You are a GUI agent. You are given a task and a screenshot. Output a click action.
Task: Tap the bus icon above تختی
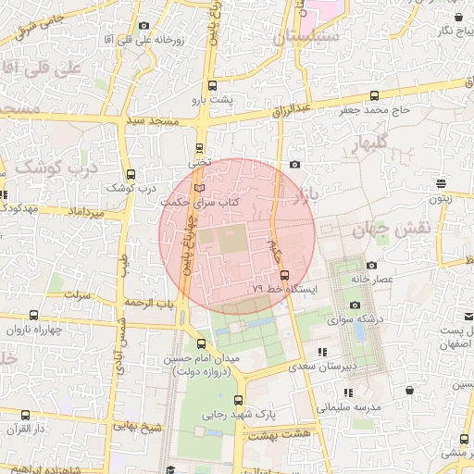pos(200,148)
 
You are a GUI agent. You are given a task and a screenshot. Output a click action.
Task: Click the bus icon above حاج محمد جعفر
pos(374,95)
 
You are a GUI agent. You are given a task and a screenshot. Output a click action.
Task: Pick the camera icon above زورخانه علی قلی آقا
pos(143,27)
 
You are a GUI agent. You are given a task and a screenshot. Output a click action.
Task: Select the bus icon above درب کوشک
pos(129,174)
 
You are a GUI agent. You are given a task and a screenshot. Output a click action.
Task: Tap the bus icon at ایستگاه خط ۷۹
pos(283,275)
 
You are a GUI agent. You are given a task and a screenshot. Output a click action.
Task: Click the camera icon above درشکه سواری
pos(355,306)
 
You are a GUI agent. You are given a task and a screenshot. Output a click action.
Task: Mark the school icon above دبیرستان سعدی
pos(321,352)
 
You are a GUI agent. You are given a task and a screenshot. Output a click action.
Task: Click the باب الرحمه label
pos(152,303)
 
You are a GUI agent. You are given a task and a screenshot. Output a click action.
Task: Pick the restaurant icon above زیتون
pos(440,182)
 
